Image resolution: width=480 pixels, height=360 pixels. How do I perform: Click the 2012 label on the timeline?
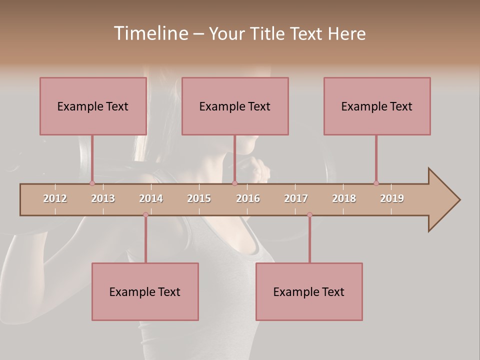coord(55,198)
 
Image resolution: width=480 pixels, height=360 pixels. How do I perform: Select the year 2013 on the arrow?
coord(103,198)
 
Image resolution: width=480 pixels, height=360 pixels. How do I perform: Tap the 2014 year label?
coord(151,198)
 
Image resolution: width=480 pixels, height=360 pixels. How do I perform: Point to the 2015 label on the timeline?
coord(199,198)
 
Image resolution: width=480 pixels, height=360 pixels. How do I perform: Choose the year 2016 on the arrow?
coord(248,198)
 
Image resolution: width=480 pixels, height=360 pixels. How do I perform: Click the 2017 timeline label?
coord(296,198)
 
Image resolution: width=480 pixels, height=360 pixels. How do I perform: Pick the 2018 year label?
coord(344,198)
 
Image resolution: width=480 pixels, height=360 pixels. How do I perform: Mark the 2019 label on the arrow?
coord(392,198)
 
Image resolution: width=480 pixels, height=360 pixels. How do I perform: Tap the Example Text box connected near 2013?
coord(93,106)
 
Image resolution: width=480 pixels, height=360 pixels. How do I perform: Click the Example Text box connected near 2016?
coord(235,106)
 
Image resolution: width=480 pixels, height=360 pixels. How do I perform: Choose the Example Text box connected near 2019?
coord(377,106)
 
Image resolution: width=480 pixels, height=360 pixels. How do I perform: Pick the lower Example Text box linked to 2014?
coord(145,291)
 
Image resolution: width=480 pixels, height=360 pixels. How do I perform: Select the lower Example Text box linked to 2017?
coord(309,291)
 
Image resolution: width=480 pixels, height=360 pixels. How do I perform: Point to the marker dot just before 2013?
coord(92,183)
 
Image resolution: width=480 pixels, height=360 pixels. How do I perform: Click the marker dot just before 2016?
coord(234,183)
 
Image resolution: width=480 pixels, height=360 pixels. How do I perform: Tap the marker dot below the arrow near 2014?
coord(145,215)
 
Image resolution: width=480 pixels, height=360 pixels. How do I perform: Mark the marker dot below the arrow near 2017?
coord(309,215)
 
